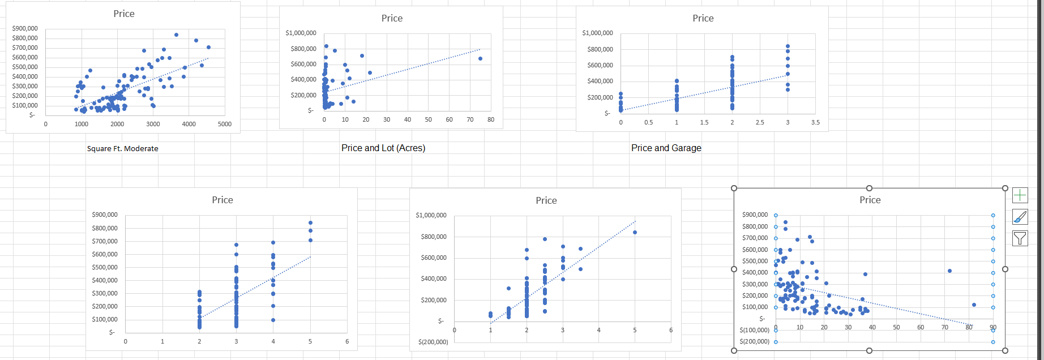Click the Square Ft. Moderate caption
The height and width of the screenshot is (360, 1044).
(x=122, y=148)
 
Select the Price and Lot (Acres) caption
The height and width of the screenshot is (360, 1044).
(x=383, y=148)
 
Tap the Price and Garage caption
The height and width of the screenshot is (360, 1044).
(x=666, y=148)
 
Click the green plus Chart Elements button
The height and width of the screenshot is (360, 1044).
(x=1020, y=196)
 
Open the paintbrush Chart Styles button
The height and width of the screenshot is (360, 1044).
(x=1020, y=217)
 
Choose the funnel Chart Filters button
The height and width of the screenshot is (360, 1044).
(x=1020, y=238)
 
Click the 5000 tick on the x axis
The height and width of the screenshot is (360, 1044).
(x=225, y=124)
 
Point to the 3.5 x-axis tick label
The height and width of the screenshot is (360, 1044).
(x=815, y=122)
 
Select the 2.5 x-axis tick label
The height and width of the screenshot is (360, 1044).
(x=760, y=122)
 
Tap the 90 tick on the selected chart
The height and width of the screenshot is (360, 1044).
(x=992, y=327)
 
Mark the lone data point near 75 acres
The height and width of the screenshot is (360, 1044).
(x=480, y=58)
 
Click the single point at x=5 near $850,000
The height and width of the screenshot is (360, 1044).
(x=635, y=232)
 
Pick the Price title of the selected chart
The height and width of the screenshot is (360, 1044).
(x=870, y=200)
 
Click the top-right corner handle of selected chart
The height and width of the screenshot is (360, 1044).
(x=1005, y=188)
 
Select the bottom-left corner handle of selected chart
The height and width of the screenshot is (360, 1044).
(x=734, y=350)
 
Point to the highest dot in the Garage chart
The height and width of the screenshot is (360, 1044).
(x=788, y=46)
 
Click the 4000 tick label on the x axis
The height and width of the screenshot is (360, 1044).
(x=189, y=124)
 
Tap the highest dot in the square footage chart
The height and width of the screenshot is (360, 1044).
(x=176, y=35)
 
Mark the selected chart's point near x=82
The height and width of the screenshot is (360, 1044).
(x=974, y=305)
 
